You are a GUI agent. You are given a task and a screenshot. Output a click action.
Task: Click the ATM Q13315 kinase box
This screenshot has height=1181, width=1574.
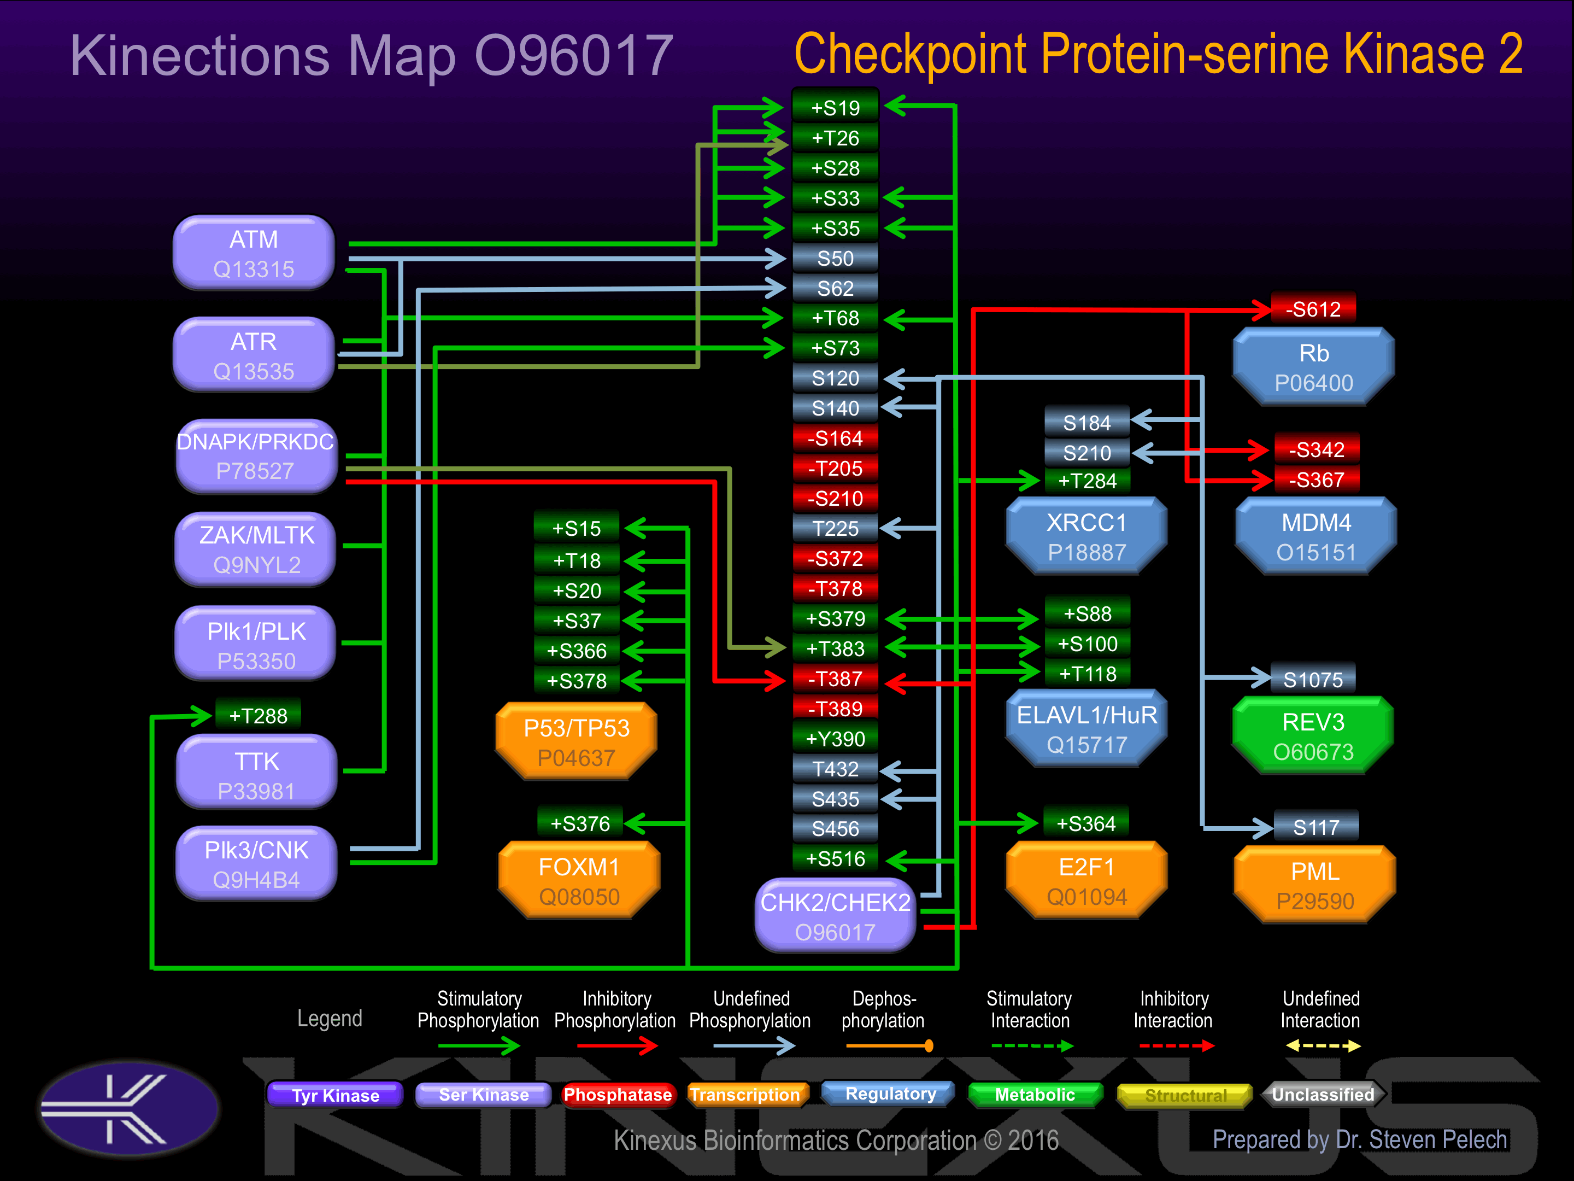point(254,254)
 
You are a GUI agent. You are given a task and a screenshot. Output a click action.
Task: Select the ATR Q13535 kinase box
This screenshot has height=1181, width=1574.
point(254,355)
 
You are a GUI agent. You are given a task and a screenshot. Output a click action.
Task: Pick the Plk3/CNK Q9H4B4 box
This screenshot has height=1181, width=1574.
point(256,864)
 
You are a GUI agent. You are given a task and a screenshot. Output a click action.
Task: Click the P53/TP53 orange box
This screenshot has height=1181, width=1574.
point(577,742)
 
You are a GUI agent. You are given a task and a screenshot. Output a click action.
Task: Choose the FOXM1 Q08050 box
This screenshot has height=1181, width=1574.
point(579,881)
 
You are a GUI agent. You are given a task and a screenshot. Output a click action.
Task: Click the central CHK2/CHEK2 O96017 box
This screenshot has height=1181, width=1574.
point(836,916)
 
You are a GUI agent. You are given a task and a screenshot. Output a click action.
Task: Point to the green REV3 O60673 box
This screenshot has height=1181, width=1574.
point(1313,736)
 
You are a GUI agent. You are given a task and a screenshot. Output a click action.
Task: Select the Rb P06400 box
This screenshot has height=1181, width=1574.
point(1313,367)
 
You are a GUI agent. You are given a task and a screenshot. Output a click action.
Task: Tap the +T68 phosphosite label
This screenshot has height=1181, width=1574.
point(836,318)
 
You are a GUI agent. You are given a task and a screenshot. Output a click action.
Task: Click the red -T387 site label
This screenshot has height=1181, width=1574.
point(836,679)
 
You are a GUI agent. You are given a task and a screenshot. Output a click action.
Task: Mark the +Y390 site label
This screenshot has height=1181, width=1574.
point(836,739)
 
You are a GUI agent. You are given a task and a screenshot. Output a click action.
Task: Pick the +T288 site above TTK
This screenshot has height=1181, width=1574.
point(257,715)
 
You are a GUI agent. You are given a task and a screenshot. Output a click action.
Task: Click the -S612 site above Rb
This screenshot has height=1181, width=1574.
point(1313,309)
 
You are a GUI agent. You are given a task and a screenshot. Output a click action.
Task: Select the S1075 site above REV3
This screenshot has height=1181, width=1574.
point(1313,680)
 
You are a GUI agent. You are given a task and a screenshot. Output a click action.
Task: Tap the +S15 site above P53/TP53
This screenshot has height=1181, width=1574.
point(577,528)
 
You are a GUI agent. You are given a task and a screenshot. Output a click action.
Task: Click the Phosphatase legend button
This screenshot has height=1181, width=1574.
point(617,1095)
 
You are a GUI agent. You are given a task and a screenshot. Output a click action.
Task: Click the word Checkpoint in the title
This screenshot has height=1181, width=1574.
point(910,54)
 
